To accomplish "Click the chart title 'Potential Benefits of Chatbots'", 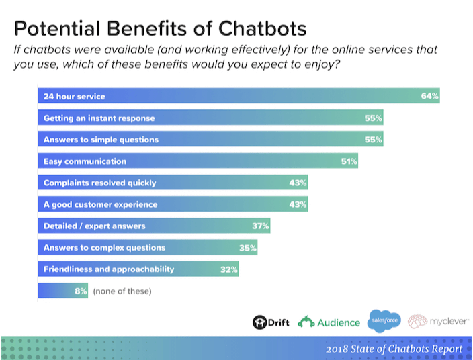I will pos(160,29).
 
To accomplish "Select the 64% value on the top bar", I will pos(430,97).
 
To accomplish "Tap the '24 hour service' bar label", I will pos(75,97).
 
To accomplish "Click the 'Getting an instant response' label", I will pos(99,118).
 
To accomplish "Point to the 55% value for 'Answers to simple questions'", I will pos(374,140).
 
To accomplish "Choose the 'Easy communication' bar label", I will pos(85,161).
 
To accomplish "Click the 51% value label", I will pos(349,161).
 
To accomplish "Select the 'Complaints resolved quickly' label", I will pos(99,183).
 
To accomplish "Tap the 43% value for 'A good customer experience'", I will pos(298,204).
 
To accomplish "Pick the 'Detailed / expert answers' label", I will pos(94,226).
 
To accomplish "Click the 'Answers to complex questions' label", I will pos(104,247).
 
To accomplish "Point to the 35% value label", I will pos(248,247).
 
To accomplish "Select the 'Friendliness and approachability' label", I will pos(109,269).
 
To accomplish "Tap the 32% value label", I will pos(229,269).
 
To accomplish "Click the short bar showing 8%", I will pos(62,291).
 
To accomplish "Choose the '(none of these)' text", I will pos(122,291).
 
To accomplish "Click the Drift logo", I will pos(271,322).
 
